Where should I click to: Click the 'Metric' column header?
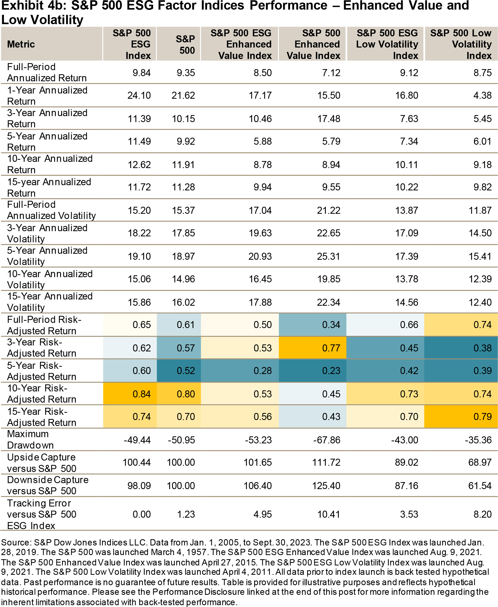21,44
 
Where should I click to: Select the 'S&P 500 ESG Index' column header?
132,44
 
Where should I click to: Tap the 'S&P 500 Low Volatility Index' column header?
461,44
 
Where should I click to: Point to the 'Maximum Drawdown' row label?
30,439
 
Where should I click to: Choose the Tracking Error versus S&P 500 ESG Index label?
42,514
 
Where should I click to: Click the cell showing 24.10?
139,95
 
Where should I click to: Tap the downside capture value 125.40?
326,486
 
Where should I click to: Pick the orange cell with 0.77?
331,348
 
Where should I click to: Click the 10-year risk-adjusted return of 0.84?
142,394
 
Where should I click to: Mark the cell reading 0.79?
482,416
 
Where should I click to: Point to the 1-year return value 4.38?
482,95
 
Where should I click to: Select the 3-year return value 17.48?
329,118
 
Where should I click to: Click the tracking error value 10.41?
329,514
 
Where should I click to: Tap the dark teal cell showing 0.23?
331,371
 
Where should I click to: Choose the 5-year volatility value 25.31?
329,256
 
